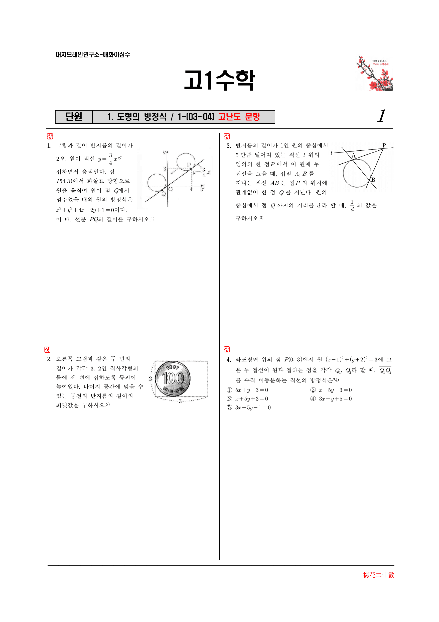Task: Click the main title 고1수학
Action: click(219, 80)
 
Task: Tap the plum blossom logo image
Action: click(374, 73)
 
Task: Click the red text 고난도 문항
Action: click(239, 117)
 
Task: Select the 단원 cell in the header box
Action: click(74, 117)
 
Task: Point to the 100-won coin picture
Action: click(173, 378)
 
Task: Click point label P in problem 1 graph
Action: click(189, 165)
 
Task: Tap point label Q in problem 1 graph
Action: click(163, 194)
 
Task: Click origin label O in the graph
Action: click(170, 189)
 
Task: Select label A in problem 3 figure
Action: click(353, 155)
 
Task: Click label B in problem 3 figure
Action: click(373, 180)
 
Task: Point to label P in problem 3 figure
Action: click(384, 145)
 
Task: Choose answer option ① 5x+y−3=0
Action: click(247, 390)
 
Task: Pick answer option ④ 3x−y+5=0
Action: click(331, 399)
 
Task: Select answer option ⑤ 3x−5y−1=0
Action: click(249, 408)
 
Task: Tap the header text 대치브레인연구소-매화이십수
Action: click(93, 54)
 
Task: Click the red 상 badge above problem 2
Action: click(47, 349)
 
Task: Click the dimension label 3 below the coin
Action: click(180, 401)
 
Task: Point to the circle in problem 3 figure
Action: click(344, 173)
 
